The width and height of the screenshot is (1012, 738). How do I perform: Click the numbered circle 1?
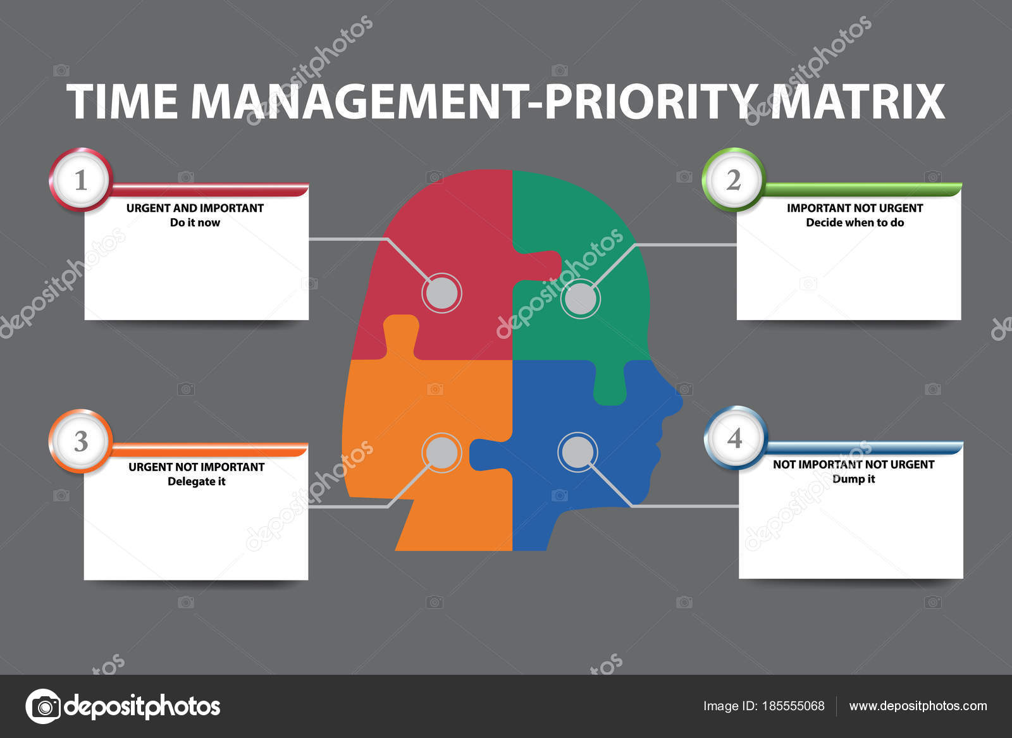click(x=80, y=180)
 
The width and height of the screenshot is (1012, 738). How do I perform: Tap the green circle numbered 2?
click(x=734, y=180)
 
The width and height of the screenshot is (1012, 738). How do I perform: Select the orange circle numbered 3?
click(x=80, y=441)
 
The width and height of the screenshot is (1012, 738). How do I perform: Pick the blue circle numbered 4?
click(x=734, y=438)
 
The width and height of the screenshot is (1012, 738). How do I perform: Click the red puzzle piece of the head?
click(x=455, y=228)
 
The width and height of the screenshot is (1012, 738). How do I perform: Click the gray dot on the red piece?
click(x=441, y=293)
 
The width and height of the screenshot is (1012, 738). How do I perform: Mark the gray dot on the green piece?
click(x=580, y=299)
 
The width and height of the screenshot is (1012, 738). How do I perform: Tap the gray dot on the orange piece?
click(x=441, y=452)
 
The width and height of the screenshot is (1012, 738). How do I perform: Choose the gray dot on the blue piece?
click(x=577, y=452)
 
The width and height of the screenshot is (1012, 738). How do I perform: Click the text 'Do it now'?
click(x=195, y=223)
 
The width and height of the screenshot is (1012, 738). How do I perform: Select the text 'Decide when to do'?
click(x=855, y=223)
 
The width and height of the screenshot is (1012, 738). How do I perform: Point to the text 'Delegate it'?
click(x=196, y=481)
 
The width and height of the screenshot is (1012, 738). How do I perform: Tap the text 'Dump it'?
click(x=853, y=479)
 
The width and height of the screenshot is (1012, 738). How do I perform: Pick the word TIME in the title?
click(x=122, y=101)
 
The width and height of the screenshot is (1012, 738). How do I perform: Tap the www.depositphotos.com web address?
click(x=918, y=706)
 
